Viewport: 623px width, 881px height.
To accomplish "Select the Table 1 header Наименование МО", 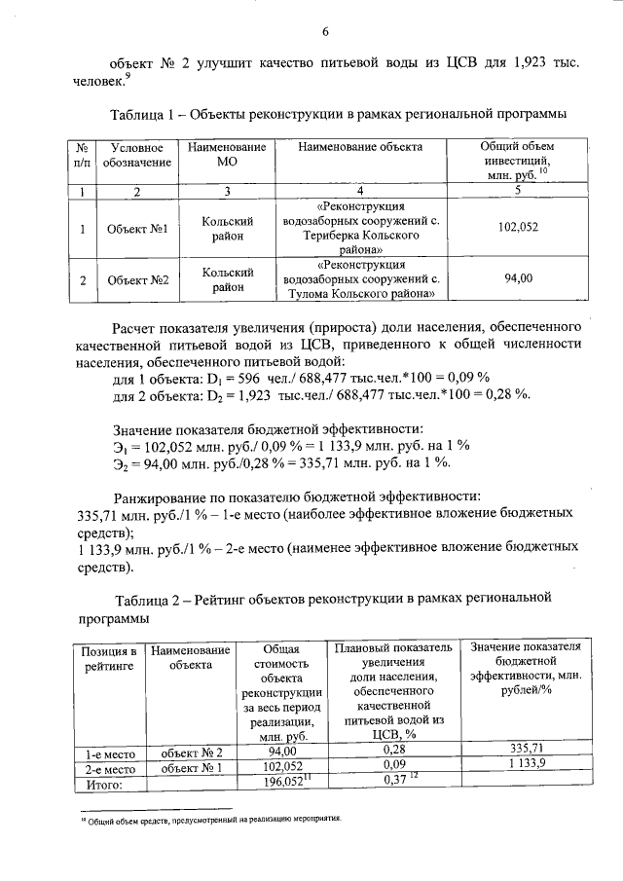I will (226, 154).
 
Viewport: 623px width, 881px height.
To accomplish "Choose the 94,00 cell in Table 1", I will (518, 278).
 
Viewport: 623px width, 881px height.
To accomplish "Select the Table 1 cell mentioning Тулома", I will (361, 278).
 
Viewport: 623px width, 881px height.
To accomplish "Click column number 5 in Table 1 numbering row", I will (518, 191).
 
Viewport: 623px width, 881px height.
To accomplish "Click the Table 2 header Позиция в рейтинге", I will (110, 657).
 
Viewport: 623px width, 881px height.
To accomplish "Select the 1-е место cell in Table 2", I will (110, 752).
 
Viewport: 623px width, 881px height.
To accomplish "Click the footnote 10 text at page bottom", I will (209, 820).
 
